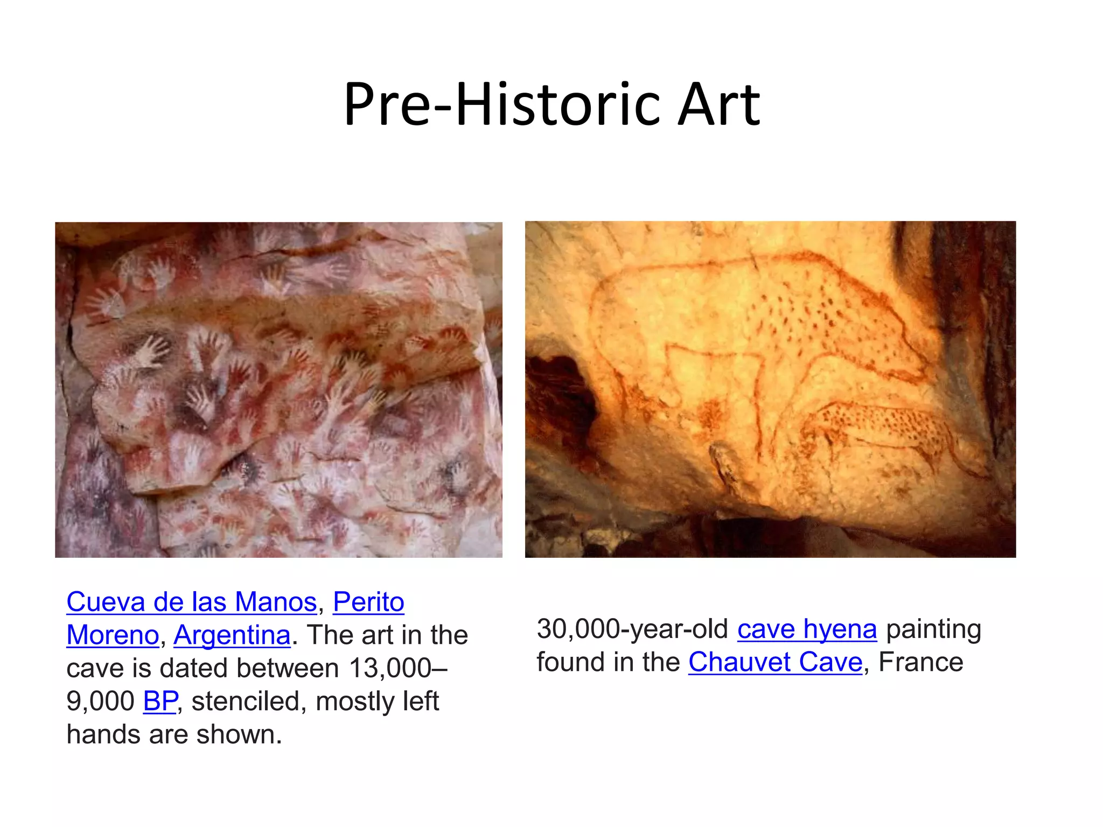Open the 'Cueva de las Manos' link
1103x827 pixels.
pyautogui.click(x=191, y=602)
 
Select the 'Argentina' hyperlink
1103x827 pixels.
pyautogui.click(x=232, y=635)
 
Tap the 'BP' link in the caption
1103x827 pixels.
pyautogui.click(x=160, y=702)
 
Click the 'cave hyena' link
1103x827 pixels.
pyautogui.click(x=807, y=629)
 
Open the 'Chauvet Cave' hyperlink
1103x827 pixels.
pyautogui.click(x=775, y=662)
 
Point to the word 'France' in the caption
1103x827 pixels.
pyautogui.click(x=920, y=662)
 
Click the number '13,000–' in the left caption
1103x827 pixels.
pyautogui.click(x=398, y=669)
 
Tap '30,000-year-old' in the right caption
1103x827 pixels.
pyautogui.click(x=632, y=629)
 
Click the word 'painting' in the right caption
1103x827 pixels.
pyautogui.click(x=933, y=629)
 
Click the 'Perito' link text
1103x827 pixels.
pyautogui.click(x=368, y=602)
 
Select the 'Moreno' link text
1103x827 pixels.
pyautogui.click(x=113, y=635)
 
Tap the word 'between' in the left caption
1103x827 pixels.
pyautogui.click(x=288, y=669)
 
